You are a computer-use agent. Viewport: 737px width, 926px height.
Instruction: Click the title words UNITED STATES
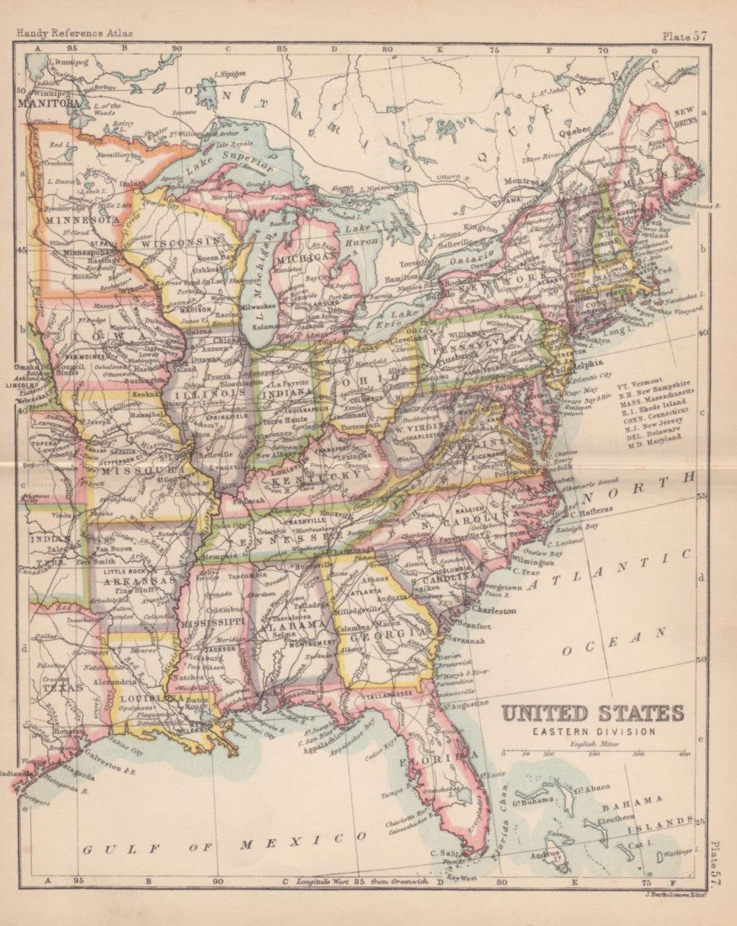(592, 713)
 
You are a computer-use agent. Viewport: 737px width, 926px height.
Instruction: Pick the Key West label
(461, 876)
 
